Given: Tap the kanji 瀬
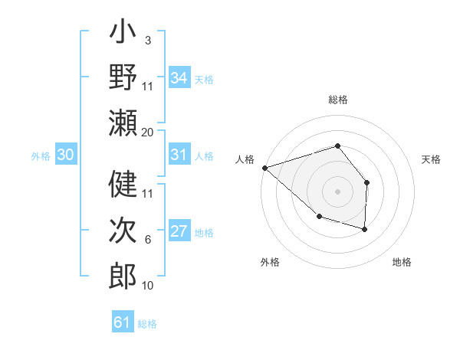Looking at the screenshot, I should pos(123,123).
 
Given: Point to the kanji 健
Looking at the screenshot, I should pos(123,184).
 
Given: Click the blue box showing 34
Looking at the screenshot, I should pos(179,78).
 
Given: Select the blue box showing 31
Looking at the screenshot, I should pos(179,155).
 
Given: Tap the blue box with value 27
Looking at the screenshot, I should pos(179,231).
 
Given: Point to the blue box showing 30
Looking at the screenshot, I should pos(66,155).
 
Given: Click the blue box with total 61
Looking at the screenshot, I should pos(123,322).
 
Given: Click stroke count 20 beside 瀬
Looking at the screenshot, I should pos(148,133).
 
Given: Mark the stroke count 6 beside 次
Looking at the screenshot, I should pos(148,240).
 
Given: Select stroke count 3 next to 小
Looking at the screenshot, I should pos(148,40).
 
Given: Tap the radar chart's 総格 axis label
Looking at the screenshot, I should pos(338,100).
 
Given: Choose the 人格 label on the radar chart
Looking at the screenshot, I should pos(245,159).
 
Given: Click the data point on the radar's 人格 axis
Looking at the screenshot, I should pos(264,167).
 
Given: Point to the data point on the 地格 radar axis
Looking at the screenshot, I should pos(365,229).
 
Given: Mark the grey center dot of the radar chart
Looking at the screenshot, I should pos(337,191).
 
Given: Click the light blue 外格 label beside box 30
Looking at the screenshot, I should pos(41,156).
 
